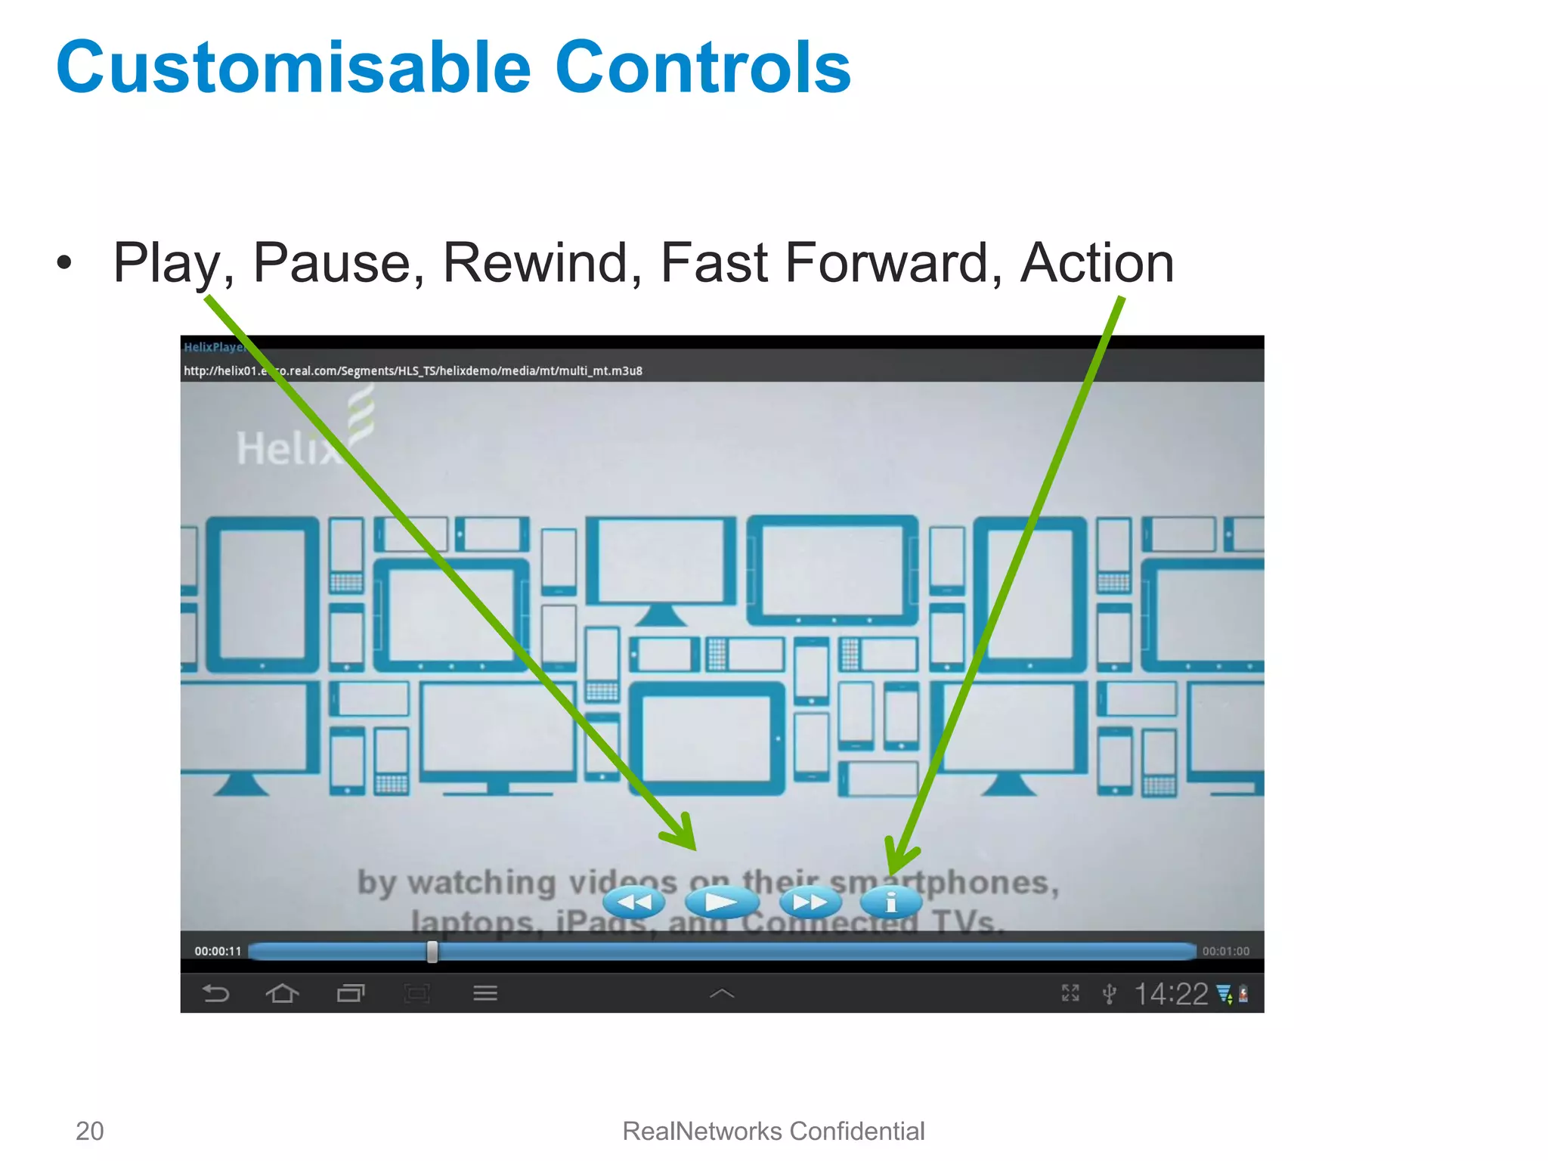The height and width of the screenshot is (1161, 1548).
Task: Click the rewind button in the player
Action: (x=633, y=902)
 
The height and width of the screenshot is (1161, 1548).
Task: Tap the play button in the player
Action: (x=721, y=902)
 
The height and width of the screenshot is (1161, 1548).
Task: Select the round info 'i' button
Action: (x=891, y=902)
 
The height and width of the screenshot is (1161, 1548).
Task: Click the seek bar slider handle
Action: (x=432, y=952)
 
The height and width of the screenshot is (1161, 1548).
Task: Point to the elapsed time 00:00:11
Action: (x=218, y=952)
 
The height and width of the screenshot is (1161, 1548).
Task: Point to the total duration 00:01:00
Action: (x=1225, y=952)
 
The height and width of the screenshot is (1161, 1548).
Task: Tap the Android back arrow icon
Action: (x=216, y=993)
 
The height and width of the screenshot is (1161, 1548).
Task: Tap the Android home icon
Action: (x=283, y=993)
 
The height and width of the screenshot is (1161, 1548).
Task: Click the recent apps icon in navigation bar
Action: (x=350, y=993)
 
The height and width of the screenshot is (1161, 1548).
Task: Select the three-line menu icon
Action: (x=485, y=993)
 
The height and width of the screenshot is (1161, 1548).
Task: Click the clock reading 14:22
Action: (x=1171, y=994)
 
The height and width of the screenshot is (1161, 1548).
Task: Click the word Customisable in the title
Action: (x=293, y=68)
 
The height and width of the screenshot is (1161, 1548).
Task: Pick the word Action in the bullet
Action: (x=1097, y=263)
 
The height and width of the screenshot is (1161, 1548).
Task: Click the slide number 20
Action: (x=89, y=1131)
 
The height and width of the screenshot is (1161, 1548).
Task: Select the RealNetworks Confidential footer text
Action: (x=773, y=1131)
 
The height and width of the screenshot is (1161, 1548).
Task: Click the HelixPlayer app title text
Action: (x=214, y=347)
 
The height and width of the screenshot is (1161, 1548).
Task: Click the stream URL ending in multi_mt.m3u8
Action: (x=413, y=370)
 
